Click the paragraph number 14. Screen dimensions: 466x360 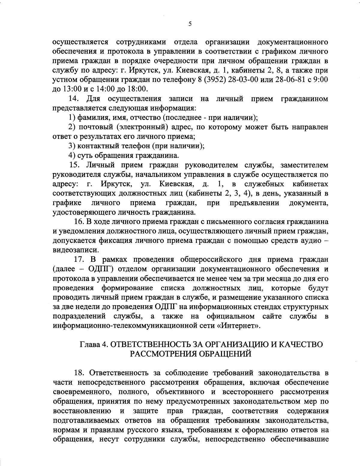74,99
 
